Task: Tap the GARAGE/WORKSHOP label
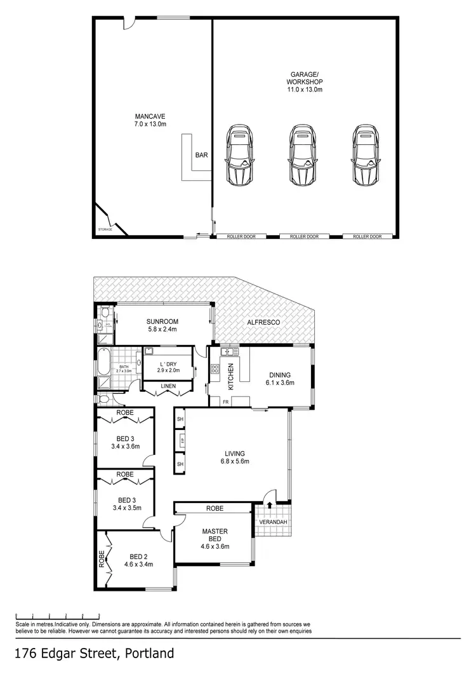[305, 82]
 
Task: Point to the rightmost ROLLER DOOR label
[367, 236]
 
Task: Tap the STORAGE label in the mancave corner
[105, 229]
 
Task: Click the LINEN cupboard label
[167, 387]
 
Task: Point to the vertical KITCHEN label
[232, 376]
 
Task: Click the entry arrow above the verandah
[271, 506]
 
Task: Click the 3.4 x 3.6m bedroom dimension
[125, 447]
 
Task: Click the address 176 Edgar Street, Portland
[94, 653]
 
